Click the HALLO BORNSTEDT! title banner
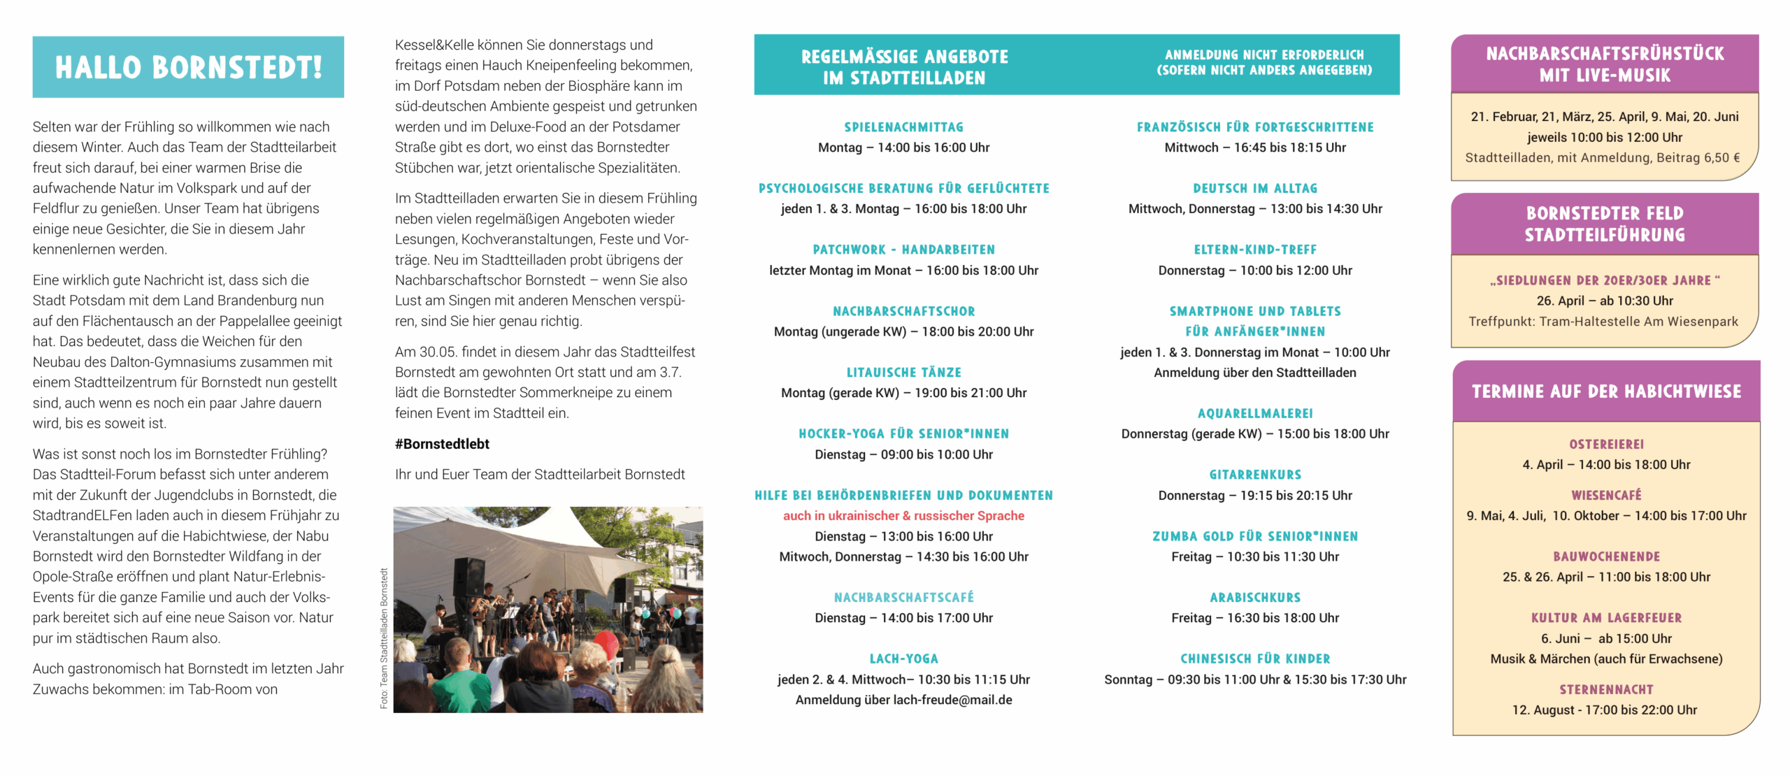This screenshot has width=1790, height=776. (x=188, y=67)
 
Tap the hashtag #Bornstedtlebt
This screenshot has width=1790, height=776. (x=442, y=444)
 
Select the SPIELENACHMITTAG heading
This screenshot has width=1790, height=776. (x=903, y=127)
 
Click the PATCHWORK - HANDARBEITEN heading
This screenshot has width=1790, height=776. (x=903, y=250)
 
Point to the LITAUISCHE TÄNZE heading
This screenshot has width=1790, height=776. (x=903, y=373)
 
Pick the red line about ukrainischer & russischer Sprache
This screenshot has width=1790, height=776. (x=903, y=516)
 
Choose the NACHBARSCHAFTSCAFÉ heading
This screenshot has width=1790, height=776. (x=903, y=598)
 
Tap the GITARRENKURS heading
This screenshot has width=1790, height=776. (x=1255, y=475)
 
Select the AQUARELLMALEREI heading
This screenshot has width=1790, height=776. (x=1255, y=414)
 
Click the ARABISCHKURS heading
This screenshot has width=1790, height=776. (x=1255, y=598)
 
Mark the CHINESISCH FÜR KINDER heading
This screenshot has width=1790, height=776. (x=1255, y=659)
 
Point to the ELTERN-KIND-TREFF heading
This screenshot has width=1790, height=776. (x=1255, y=250)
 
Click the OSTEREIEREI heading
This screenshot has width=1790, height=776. (x=1606, y=445)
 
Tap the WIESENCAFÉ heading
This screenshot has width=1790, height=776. (x=1606, y=496)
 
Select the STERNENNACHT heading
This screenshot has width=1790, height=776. (x=1606, y=690)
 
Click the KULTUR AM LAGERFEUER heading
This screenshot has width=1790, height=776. (x=1606, y=618)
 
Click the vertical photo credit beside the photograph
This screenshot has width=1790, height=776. (x=384, y=638)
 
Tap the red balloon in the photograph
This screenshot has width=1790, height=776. (x=606, y=641)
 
